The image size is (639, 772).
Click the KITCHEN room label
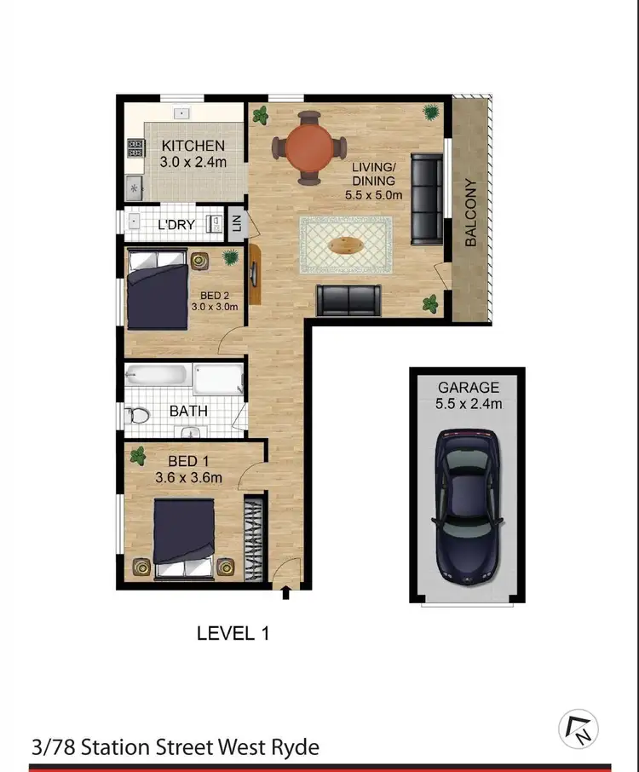click(x=193, y=146)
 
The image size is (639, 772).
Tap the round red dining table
click(x=308, y=147)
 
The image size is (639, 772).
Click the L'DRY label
click(x=177, y=225)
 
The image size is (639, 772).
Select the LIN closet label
click(x=238, y=224)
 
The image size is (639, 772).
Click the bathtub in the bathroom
click(x=157, y=376)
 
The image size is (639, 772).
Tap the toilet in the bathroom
click(x=137, y=415)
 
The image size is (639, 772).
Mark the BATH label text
click(x=189, y=412)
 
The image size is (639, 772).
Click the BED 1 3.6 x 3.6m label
click(x=189, y=470)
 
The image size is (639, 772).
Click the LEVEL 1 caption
click(x=233, y=633)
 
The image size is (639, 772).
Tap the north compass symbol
click(x=579, y=729)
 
